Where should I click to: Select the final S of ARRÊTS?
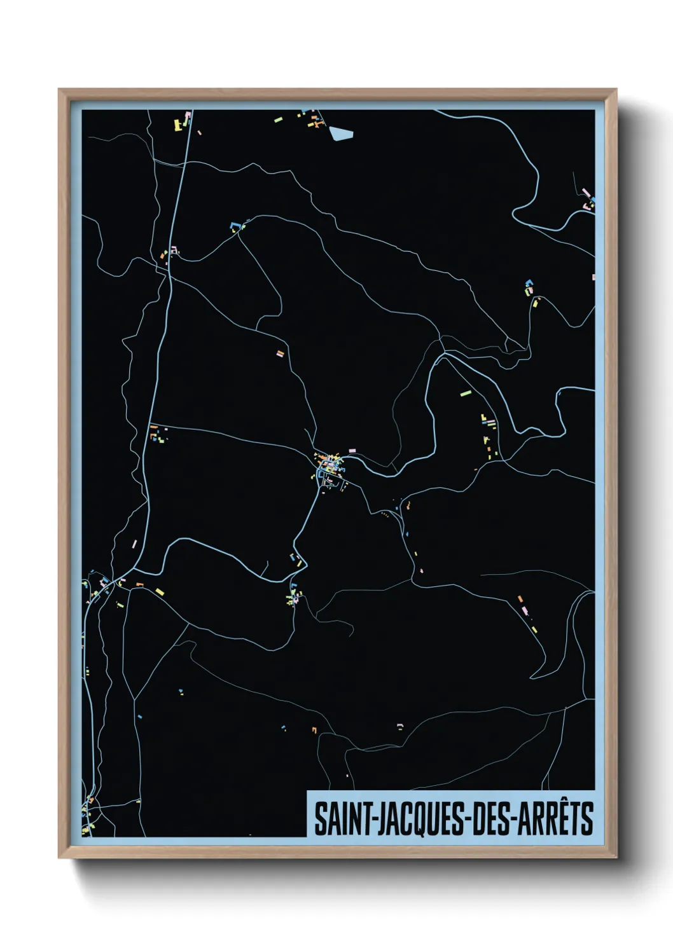587,819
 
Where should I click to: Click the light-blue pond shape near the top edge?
340,134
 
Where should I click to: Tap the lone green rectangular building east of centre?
465,394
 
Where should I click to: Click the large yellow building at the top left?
178,125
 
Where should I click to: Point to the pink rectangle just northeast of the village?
352,451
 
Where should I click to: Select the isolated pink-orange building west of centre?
279,354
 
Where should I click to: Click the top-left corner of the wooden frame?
60,90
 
